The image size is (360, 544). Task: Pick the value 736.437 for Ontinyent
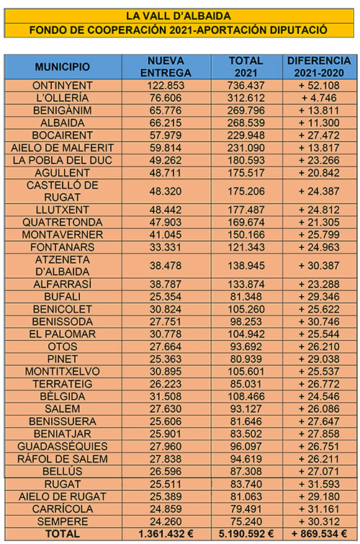point(246,85)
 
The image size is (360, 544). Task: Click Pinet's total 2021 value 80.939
point(246,358)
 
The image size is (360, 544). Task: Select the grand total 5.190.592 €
point(246,534)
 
